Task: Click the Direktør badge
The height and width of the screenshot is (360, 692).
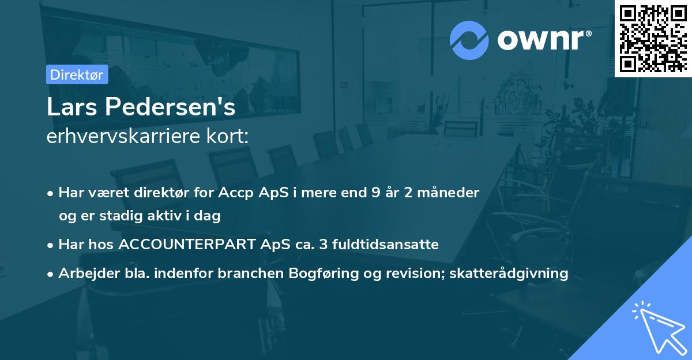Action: (77, 74)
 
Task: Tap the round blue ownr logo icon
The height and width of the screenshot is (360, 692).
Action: (469, 40)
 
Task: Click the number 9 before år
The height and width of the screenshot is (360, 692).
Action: (376, 193)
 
